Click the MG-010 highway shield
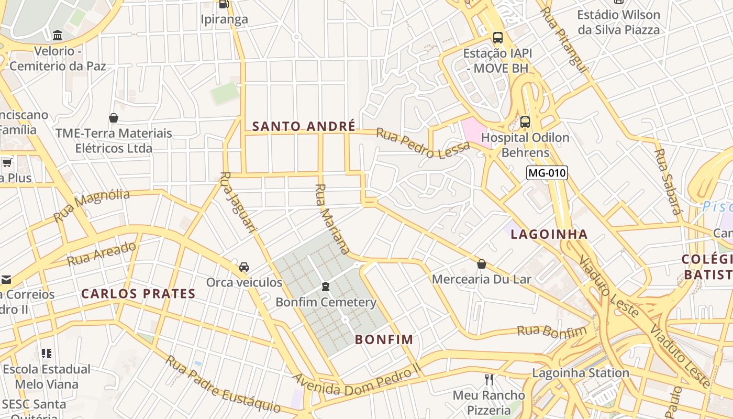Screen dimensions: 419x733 (547, 173)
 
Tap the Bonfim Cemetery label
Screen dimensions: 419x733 (326, 302)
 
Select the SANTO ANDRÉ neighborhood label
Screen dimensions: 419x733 (304, 126)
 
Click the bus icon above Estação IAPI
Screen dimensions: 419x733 (497, 38)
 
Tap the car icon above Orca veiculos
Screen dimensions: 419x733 (244, 267)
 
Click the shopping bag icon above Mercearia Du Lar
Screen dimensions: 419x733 (482, 264)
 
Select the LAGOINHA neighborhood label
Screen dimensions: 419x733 (549, 234)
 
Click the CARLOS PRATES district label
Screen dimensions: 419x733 (138, 294)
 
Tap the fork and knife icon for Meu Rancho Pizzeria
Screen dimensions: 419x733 (489, 380)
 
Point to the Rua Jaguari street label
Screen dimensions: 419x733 (238, 202)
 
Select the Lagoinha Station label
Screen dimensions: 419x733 (581, 373)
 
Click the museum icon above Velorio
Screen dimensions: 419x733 (58, 36)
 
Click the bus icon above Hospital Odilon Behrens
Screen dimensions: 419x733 (525, 122)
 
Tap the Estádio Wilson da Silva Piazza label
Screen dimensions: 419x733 (618, 22)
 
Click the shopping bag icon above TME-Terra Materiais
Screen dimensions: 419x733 (114, 118)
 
